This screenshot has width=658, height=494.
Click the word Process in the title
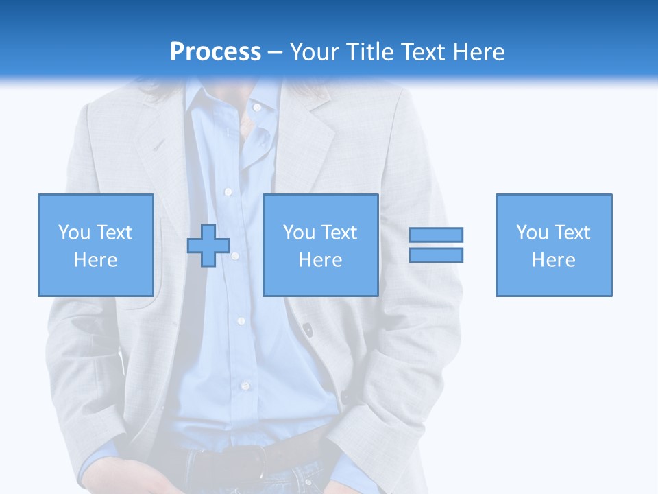[x=215, y=52]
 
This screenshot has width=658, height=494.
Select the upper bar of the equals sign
[x=436, y=235]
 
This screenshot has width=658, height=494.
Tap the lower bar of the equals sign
[x=436, y=255]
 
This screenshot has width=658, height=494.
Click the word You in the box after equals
[x=532, y=233]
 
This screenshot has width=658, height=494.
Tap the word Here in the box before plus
[x=95, y=260]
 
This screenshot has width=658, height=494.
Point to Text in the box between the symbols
[x=339, y=233]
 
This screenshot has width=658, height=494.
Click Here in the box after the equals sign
[x=554, y=260]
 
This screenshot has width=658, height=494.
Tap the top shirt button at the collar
[x=256, y=107]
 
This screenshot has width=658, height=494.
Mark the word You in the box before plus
[x=74, y=233]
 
